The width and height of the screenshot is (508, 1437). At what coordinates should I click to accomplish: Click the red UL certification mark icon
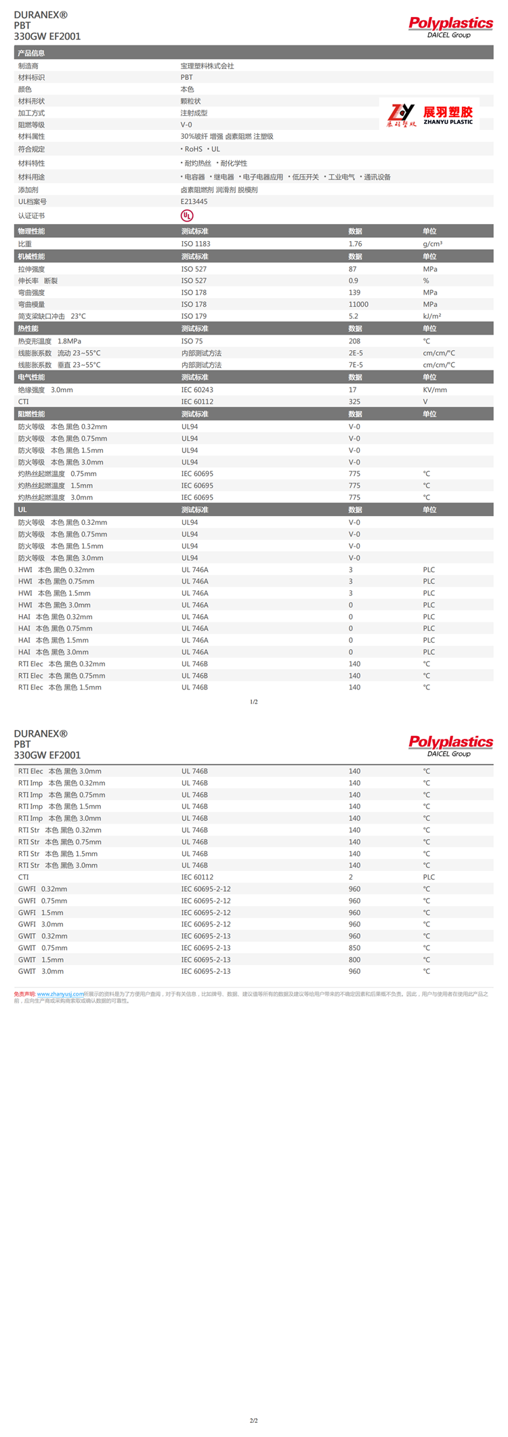point(187,215)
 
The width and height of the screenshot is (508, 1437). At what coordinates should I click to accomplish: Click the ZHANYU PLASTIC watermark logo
point(431,114)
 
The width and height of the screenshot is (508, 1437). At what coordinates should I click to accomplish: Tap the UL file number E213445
point(194,202)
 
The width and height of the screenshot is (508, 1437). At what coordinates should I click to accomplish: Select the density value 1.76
point(355,244)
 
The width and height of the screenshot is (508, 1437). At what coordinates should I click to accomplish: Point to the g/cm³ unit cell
point(432,244)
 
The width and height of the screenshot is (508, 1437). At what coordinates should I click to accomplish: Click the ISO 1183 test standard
point(196,244)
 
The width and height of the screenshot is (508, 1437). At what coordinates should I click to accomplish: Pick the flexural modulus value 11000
point(358,305)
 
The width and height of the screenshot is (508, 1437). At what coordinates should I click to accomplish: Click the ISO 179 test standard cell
point(194,316)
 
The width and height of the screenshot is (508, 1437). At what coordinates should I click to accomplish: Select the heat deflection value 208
point(354,341)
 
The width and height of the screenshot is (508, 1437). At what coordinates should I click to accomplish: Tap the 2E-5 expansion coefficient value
point(356,353)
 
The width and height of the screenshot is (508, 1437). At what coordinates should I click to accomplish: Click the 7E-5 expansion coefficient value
point(356,365)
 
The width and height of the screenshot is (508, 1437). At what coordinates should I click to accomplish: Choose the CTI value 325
point(354,402)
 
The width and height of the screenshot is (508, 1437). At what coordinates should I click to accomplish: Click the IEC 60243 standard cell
point(197,390)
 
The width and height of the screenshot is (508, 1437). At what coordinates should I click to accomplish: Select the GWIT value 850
point(354,948)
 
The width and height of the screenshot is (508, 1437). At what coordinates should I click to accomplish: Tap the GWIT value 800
point(354,960)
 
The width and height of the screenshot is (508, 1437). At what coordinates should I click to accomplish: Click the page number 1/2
point(254,702)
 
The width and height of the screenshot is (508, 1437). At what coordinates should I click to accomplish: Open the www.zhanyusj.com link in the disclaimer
point(60,994)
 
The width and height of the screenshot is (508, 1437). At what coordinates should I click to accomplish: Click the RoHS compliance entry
point(192,149)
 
